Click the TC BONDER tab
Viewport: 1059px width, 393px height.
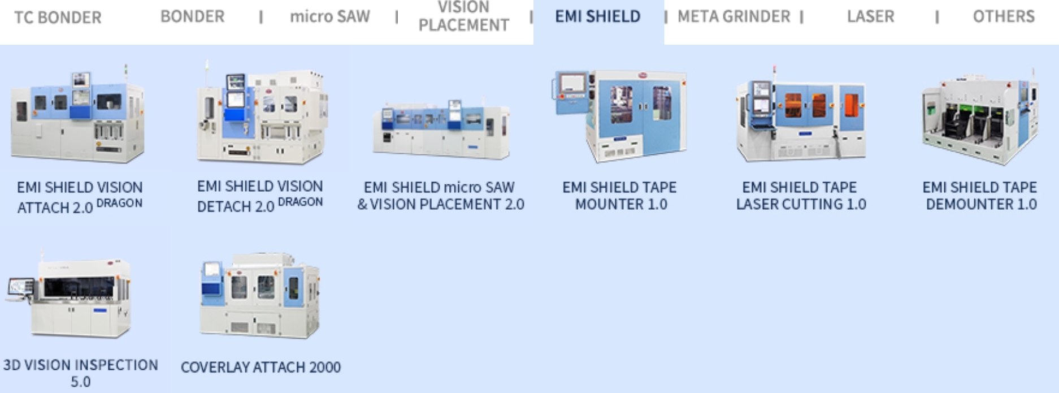point(58,18)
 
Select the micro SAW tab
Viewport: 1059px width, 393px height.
point(330,17)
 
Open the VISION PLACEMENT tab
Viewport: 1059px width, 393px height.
point(463,17)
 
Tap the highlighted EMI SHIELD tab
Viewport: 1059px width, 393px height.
point(598,17)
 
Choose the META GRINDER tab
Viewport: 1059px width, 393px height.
point(734,17)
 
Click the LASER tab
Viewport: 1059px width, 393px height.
point(870,17)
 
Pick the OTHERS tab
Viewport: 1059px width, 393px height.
point(1003,17)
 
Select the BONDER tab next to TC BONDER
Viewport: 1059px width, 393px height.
point(192,17)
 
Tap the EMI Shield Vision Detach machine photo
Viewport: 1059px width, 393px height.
point(261,116)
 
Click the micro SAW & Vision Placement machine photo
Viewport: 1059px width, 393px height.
point(441,127)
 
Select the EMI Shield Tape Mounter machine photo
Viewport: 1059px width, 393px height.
point(620,116)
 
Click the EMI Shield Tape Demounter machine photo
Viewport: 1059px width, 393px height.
point(980,119)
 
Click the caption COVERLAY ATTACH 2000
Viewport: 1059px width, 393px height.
point(261,368)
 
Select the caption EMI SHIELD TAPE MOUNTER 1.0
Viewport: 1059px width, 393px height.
point(620,196)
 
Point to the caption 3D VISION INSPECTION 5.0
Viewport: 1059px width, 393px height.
point(80,373)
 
